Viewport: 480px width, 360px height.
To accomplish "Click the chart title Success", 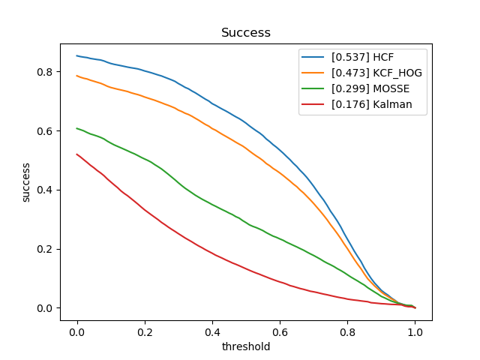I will coord(245,33).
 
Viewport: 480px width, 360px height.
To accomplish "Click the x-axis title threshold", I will coord(245,346).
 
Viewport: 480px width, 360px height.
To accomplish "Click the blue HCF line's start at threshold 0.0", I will coord(77,55).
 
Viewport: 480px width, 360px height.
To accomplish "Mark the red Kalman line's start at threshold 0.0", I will coord(77,154).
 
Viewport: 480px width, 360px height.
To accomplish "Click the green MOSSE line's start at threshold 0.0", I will coord(77,128).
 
